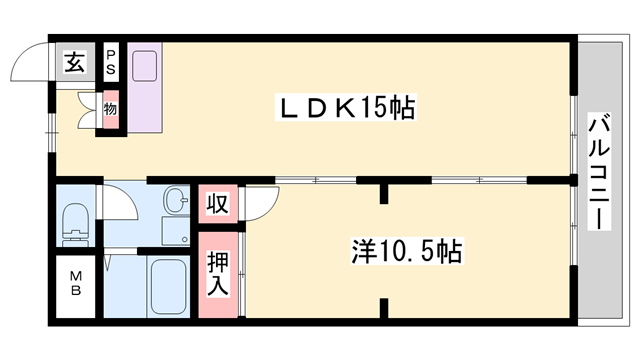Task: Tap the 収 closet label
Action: click(x=216, y=204)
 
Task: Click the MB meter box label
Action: click(x=75, y=284)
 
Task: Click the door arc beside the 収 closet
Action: click(x=254, y=203)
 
